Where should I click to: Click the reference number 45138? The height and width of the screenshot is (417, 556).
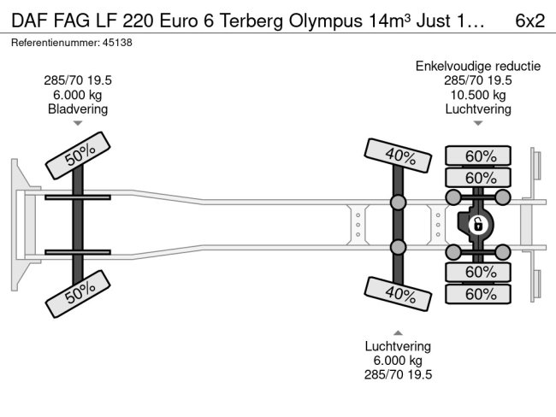[x=117, y=43]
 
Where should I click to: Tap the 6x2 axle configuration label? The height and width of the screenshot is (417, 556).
[x=529, y=21]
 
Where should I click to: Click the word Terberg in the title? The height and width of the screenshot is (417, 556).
[x=251, y=21]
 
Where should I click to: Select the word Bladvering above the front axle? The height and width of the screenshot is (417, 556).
[x=78, y=109]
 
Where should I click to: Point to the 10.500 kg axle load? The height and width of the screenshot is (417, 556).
[x=478, y=95]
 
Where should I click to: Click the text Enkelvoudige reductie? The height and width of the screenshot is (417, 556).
[x=478, y=67]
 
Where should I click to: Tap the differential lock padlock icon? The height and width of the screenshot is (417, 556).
[x=478, y=225]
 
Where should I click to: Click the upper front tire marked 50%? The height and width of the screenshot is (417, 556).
[x=78, y=156]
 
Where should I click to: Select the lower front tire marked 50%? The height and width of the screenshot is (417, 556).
[x=78, y=294]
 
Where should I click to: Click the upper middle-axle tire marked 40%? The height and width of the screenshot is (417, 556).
[x=398, y=156]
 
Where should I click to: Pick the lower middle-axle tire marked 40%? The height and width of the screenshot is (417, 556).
[x=398, y=294]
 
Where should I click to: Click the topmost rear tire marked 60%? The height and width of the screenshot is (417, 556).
[x=478, y=156]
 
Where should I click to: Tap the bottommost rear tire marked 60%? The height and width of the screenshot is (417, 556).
[x=478, y=294]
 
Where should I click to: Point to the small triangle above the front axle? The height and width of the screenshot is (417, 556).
[x=78, y=123]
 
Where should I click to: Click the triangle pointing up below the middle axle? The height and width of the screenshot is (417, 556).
[x=399, y=333]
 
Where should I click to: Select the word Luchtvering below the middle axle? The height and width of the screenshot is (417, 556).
[x=399, y=346]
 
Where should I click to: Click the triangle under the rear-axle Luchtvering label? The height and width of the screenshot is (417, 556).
[x=478, y=123]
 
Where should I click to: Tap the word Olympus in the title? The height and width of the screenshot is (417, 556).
[x=326, y=21]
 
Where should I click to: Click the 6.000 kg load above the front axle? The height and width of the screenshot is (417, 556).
[x=78, y=95]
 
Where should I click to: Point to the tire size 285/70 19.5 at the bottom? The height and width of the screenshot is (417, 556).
[x=399, y=374]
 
